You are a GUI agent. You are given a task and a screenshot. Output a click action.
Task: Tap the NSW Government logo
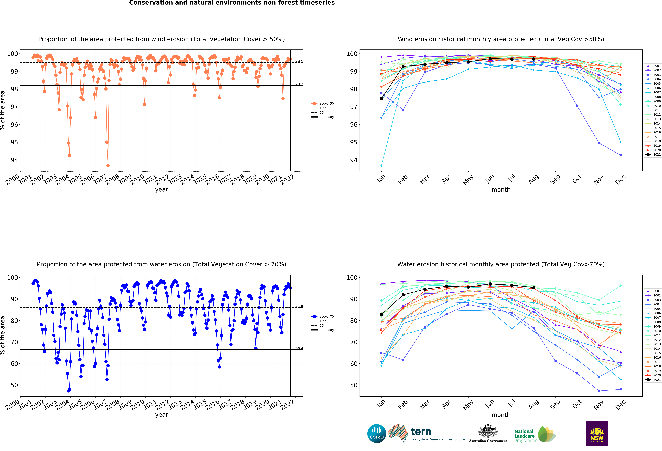point(597,433)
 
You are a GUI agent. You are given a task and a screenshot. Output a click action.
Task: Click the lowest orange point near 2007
point(108,166)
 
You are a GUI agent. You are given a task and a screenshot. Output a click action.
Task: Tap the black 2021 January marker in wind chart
point(381,99)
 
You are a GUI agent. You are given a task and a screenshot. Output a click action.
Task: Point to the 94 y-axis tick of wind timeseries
point(14,160)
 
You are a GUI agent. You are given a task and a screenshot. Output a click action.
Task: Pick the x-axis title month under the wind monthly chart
point(501,190)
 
